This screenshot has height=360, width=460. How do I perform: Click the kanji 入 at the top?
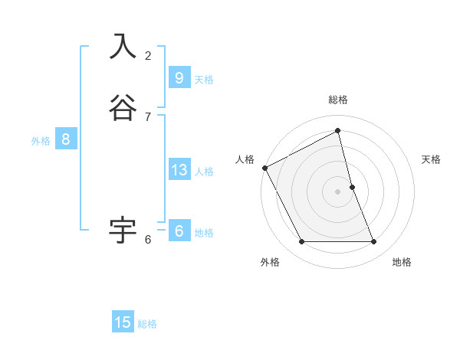123,47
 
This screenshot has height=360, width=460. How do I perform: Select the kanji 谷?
123,108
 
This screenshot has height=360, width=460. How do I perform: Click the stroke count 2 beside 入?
148,55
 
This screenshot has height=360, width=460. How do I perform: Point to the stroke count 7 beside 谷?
148,116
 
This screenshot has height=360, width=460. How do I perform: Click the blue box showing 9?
179,77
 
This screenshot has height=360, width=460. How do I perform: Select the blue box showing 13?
179,170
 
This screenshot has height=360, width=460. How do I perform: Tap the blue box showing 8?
66,139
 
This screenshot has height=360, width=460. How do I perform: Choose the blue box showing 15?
123,322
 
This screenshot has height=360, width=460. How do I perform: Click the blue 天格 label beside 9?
204,80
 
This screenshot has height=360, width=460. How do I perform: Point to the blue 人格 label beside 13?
204,172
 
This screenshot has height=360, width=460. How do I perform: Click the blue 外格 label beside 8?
41,141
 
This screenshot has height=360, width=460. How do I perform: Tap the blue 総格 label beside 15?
147,324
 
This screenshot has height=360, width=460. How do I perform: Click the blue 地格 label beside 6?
204,233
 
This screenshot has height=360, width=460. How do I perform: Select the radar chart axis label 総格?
338,100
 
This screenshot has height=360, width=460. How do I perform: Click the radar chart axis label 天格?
431,159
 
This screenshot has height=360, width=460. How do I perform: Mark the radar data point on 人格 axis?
264,168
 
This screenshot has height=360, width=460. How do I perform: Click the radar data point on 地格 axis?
374,242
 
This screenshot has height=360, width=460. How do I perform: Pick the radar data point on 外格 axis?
301,242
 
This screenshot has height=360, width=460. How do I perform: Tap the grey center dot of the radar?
338,191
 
